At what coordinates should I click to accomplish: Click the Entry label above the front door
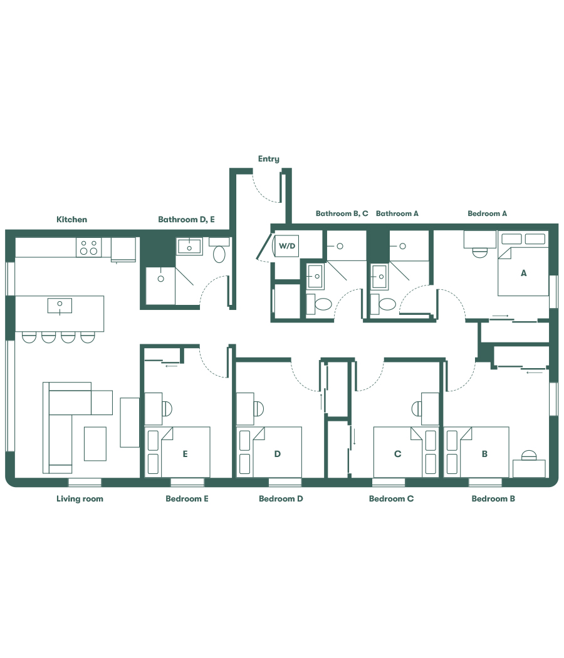point(268,159)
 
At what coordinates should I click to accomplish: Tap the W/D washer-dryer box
point(287,246)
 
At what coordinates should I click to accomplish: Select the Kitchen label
point(72,220)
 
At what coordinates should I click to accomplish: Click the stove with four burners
point(89,247)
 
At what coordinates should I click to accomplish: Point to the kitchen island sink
point(60,306)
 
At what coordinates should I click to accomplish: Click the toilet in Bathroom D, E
point(219,254)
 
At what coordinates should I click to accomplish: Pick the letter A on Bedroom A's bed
point(523,273)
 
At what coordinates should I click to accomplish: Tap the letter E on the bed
point(185,455)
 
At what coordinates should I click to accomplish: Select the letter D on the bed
point(277,455)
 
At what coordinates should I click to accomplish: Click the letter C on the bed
point(397,455)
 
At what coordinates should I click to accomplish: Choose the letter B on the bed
point(484,455)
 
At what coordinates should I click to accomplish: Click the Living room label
point(80,499)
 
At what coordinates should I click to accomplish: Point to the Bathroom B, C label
point(342,213)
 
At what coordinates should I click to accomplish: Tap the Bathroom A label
point(397,213)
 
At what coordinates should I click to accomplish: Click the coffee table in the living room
point(95,443)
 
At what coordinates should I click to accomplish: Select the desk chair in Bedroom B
point(530,455)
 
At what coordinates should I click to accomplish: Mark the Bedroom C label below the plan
point(391,499)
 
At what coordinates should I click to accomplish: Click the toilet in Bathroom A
point(387,305)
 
